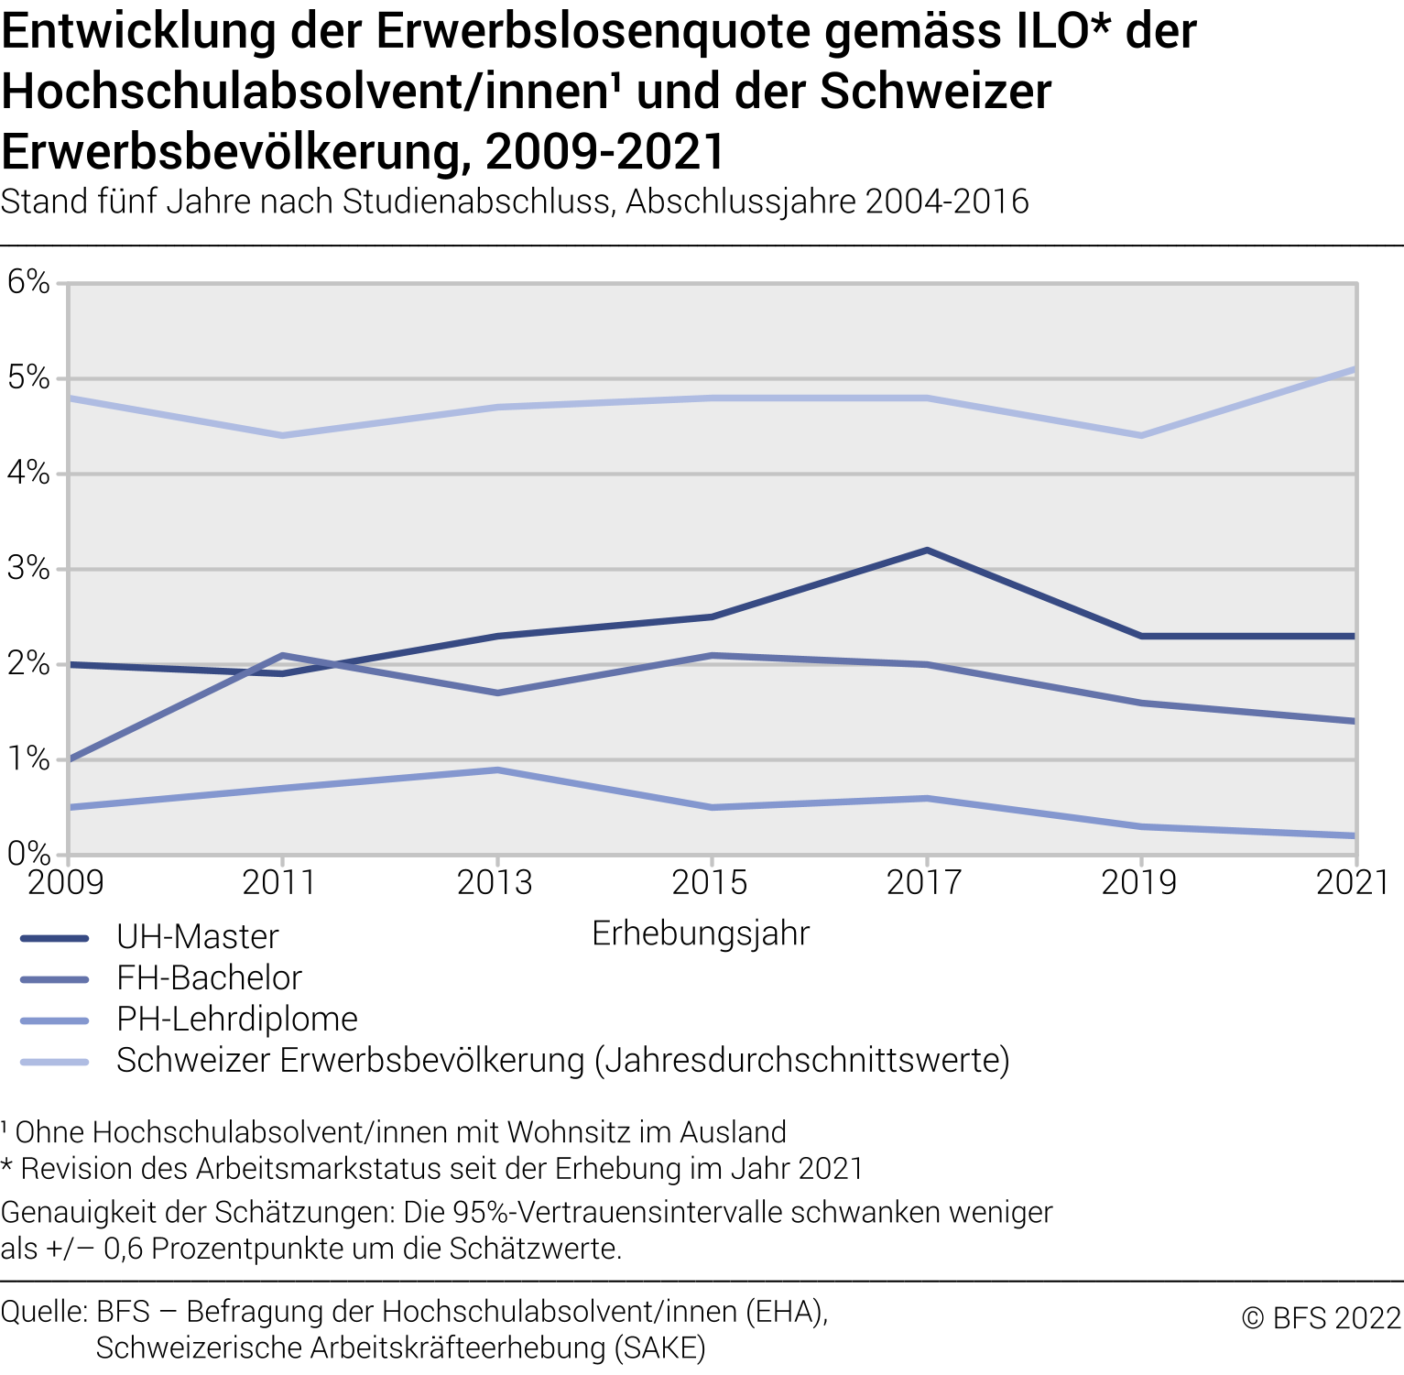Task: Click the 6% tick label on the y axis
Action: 28,282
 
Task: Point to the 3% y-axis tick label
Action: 28,569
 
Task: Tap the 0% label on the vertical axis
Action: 28,855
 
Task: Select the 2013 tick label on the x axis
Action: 495,883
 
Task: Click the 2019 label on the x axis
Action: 1139,883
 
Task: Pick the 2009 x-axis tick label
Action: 66,883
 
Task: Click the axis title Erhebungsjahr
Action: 701,933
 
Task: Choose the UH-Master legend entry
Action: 197,937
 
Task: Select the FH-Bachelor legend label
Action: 209,978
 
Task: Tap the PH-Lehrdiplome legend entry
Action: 236,1020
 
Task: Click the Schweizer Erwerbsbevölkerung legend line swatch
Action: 55,1062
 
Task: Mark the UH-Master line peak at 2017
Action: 927,551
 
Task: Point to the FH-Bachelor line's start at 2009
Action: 70,759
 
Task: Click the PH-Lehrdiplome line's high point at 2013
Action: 497,769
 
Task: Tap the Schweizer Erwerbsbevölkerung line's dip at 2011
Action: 283,435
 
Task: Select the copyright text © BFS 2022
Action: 1321,1318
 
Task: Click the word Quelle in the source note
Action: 43,1312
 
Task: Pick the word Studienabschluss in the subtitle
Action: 476,202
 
